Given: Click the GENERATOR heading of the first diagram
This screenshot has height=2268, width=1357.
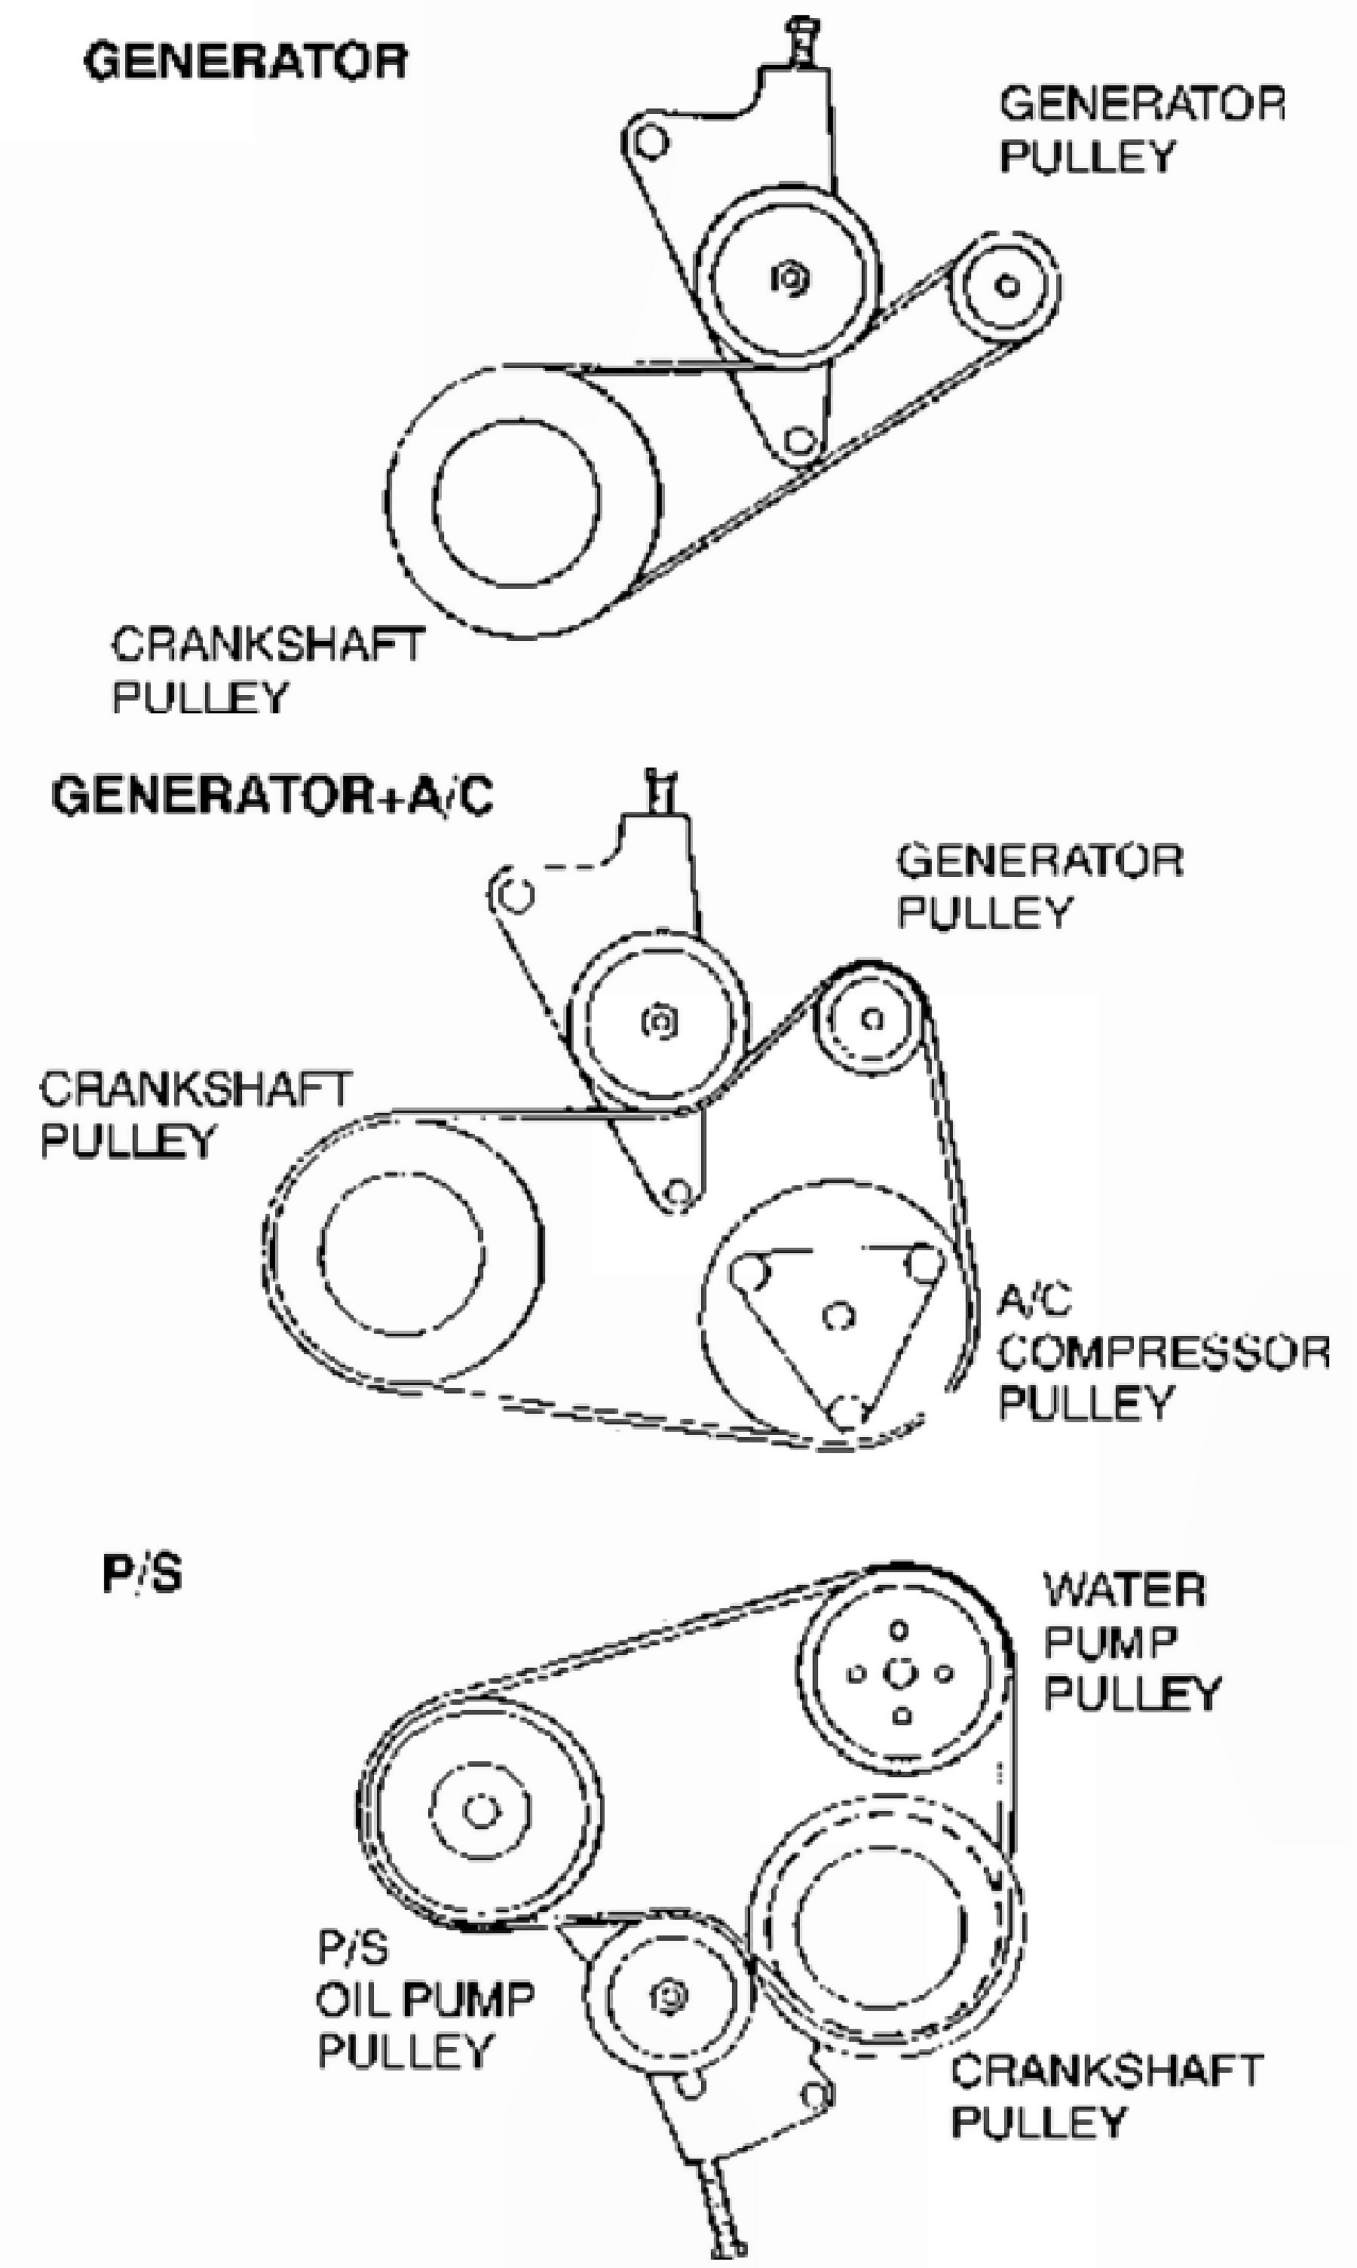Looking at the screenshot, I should [245, 62].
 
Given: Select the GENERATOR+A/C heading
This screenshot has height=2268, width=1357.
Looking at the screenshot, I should [271, 795].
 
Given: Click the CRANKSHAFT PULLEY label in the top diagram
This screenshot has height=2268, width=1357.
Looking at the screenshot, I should [267, 670].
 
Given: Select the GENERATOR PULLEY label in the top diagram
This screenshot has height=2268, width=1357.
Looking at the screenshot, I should [1141, 129].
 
